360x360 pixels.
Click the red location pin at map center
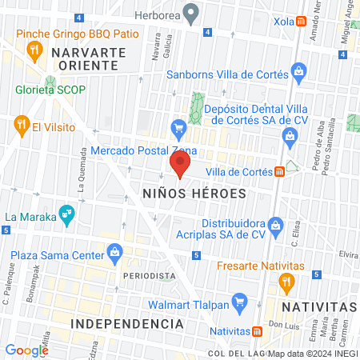pos(180,165)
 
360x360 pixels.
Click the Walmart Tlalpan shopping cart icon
pos(238,302)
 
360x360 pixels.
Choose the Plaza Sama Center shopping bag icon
pos(116,254)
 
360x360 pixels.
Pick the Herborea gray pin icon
pos(190,12)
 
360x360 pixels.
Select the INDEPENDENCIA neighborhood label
pos(127,323)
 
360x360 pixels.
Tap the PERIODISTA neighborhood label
pos(150,275)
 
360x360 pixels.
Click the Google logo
pos(26,350)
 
